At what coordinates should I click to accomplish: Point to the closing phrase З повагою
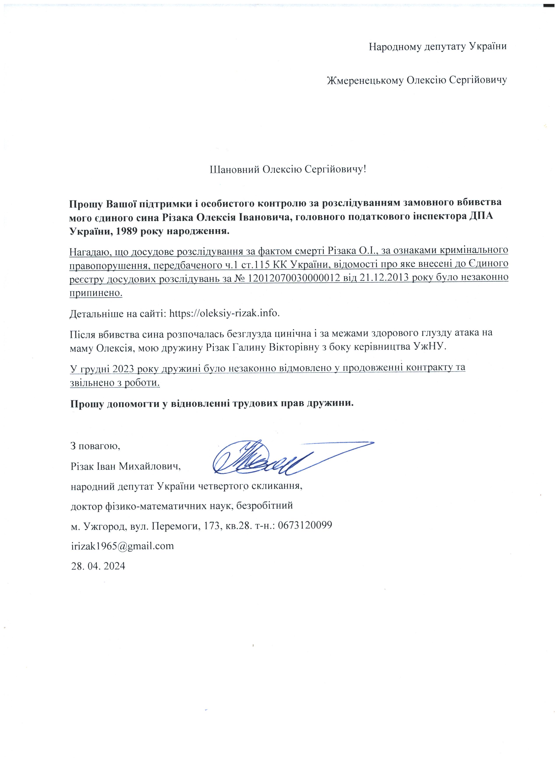click(95, 445)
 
